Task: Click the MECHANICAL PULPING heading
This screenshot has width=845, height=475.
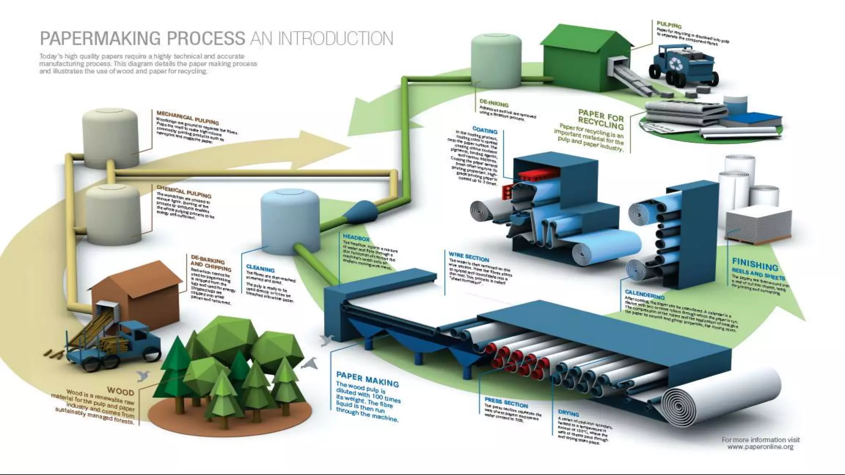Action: [x=187, y=118]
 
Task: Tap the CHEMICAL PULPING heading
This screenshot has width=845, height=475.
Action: [x=184, y=191]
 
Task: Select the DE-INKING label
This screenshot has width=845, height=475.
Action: [x=494, y=103]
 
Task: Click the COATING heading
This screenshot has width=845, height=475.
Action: [x=485, y=130]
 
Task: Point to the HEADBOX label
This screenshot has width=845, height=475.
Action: [x=356, y=238]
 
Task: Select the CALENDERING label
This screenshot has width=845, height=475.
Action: [x=644, y=294]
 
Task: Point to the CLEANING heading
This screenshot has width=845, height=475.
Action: [x=260, y=268]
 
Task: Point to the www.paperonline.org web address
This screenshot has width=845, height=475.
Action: [x=760, y=447]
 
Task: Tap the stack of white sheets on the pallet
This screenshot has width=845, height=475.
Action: [x=758, y=225]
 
